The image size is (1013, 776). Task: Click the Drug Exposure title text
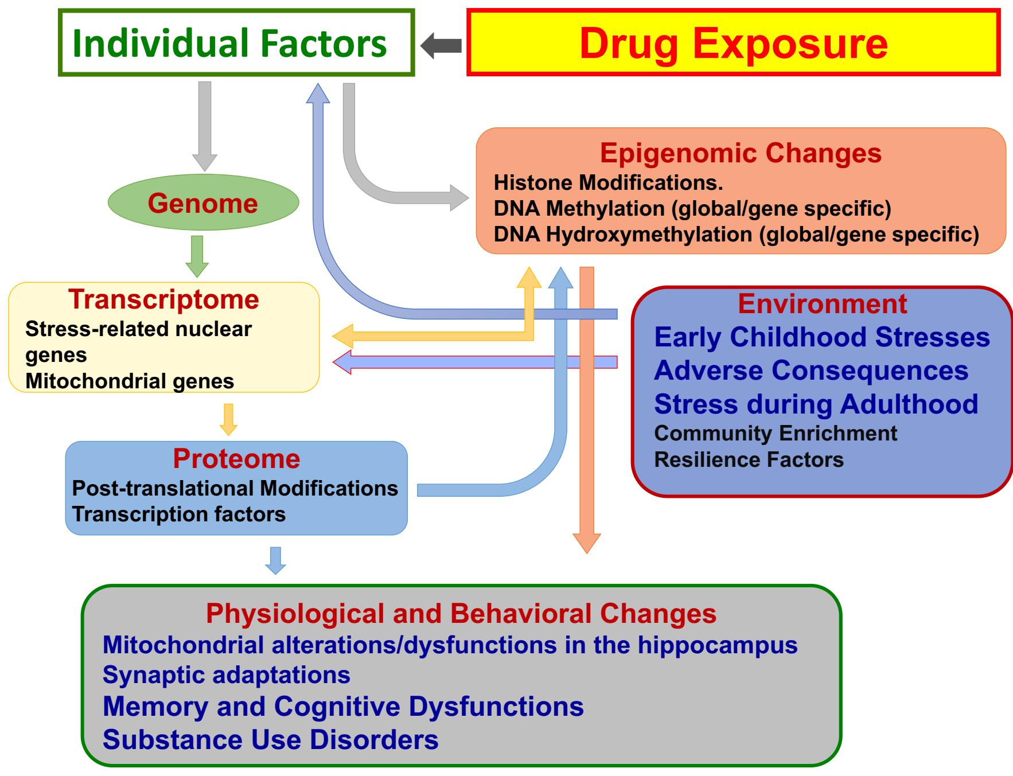(x=733, y=44)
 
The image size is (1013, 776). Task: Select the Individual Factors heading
(x=229, y=44)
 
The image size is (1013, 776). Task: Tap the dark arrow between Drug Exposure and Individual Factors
(x=441, y=45)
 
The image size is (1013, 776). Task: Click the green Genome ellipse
(x=203, y=203)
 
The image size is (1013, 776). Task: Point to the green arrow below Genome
(x=197, y=256)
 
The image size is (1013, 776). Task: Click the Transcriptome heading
(x=163, y=299)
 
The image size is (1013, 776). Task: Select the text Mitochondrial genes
(x=130, y=381)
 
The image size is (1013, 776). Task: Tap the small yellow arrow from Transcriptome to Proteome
(x=228, y=419)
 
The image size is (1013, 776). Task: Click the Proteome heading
(x=236, y=459)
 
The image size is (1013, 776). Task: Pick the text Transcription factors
(x=179, y=514)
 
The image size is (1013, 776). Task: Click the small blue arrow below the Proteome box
(x=275, y=560)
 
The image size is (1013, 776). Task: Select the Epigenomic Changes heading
(x=741, y=153)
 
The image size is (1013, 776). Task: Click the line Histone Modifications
(x=608, y=183)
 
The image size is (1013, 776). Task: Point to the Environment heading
(x=822, y=304)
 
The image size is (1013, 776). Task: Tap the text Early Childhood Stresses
(x=821, y=337)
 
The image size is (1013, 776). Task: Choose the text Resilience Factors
(x=749, y=459)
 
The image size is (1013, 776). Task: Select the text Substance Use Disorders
(x=270, y=739)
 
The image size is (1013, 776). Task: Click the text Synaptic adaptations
(x=226, y=674)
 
